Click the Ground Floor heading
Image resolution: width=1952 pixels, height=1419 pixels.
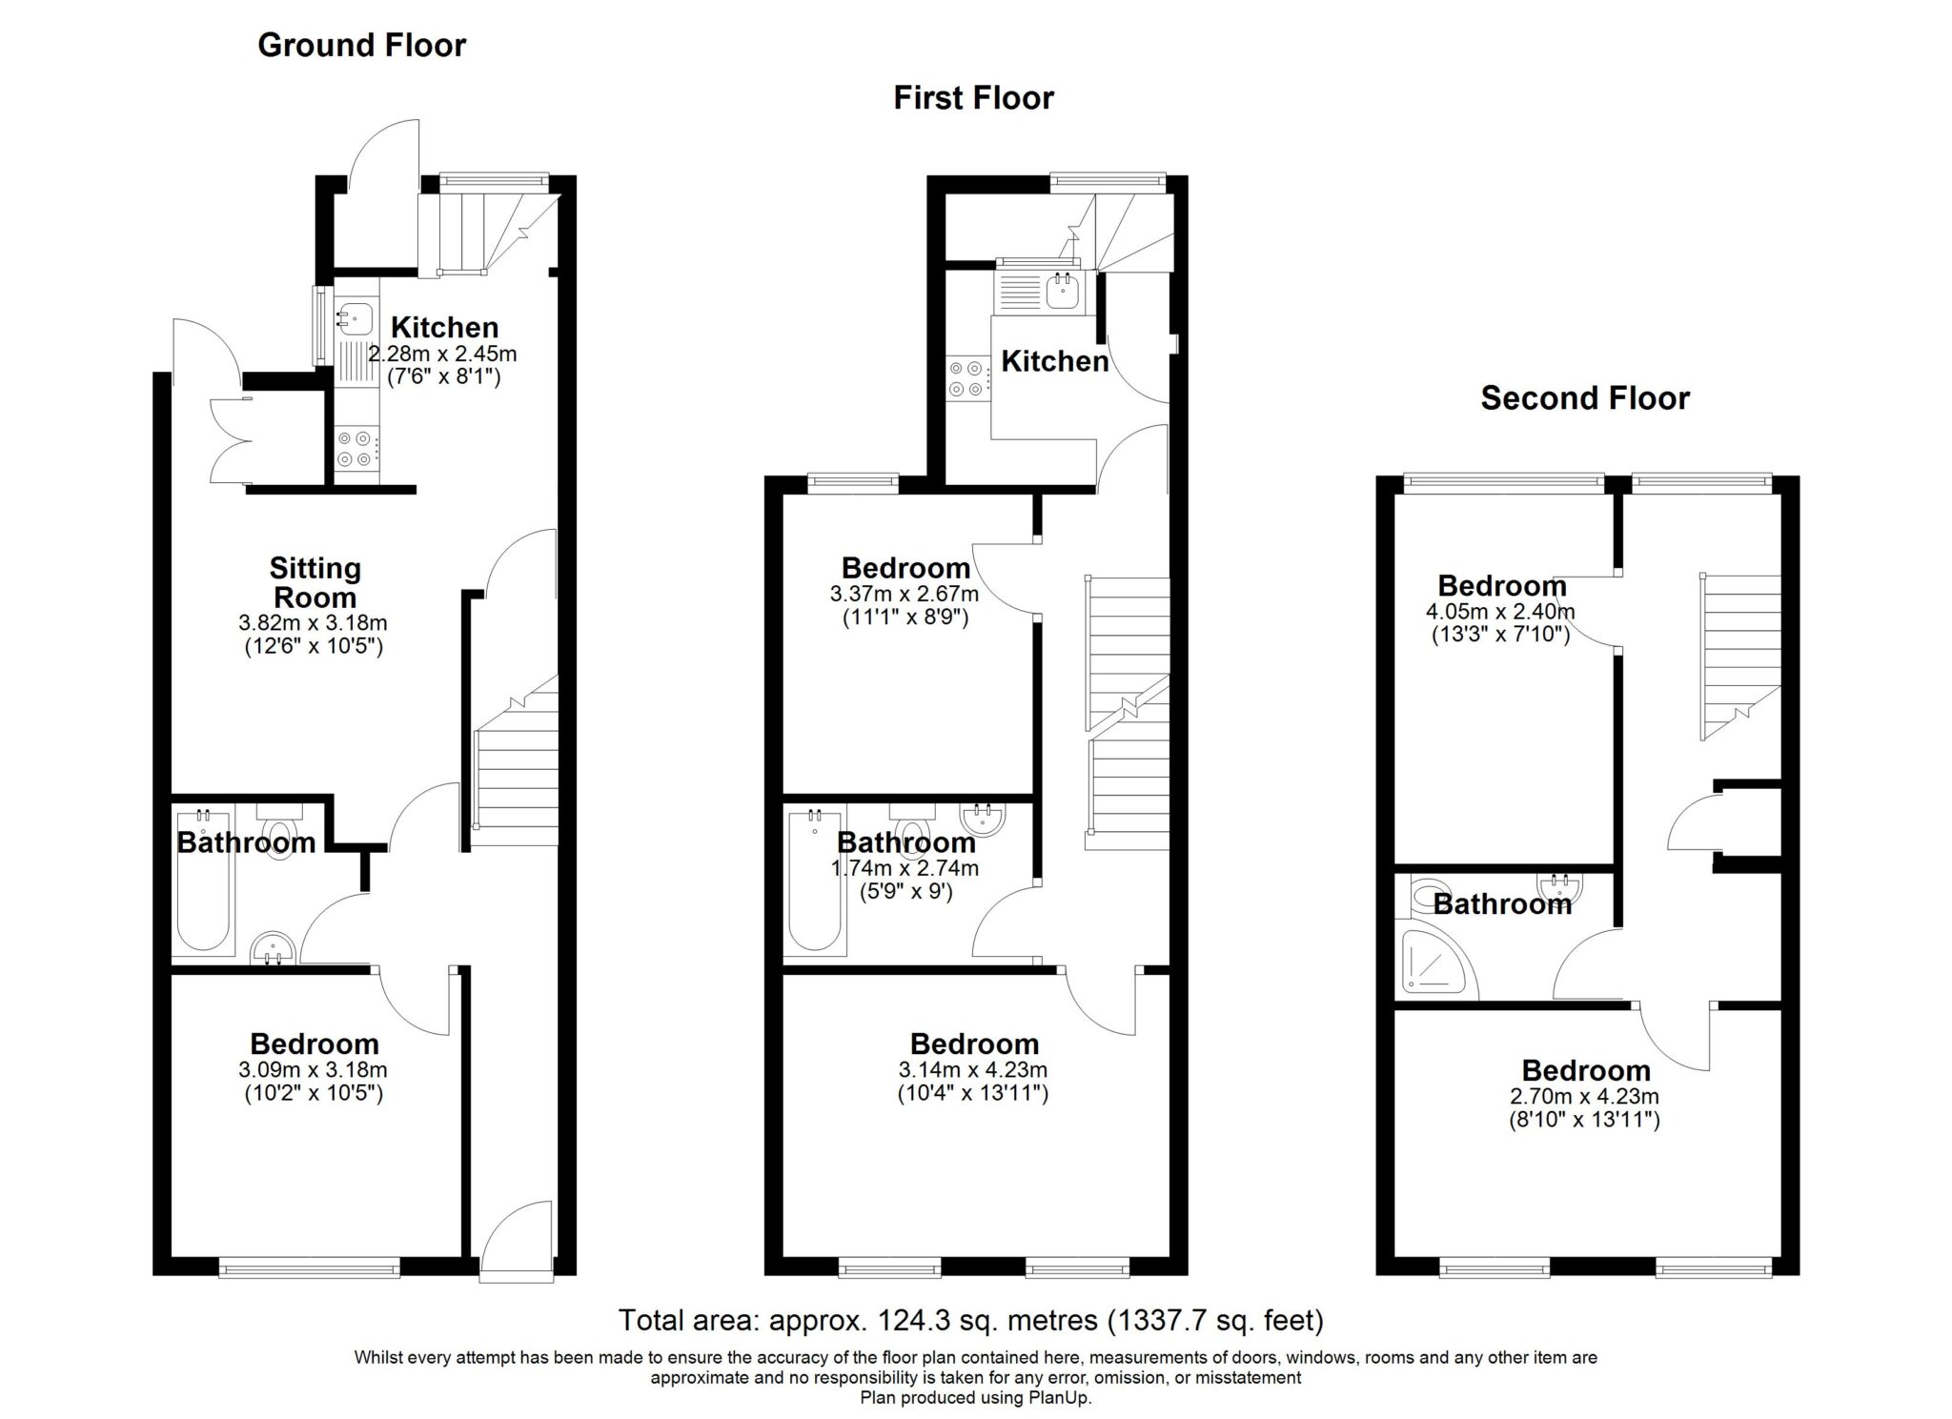pos(361,46)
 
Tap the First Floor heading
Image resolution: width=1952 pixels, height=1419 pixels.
pos(973,98)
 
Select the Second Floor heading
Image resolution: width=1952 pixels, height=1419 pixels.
pos(1584,398)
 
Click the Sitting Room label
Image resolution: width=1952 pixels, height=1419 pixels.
pos(315,583)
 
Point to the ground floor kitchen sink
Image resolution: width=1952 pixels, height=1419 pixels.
pos(355,318)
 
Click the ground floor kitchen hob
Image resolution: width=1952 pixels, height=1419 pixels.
pos(356,449)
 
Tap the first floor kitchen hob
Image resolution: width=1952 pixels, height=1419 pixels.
pos(967,377)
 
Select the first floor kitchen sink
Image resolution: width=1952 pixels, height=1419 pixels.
pos(1062,291)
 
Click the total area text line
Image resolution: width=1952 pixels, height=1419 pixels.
pos(971,1320)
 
